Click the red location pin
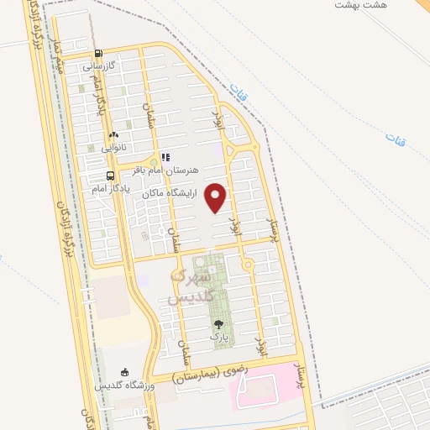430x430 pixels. point(217,198)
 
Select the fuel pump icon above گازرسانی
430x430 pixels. point(100,52)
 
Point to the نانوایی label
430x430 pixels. point(114,147)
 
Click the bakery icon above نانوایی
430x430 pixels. point(114,134)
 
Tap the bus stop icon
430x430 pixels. point(110,176)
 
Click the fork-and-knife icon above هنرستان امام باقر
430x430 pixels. point(165,157)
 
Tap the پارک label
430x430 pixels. point(219,336)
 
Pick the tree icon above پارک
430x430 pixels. point(219,323)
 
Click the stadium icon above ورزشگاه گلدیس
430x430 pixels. point(126,372)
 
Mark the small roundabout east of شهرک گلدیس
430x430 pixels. point(248,265)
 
